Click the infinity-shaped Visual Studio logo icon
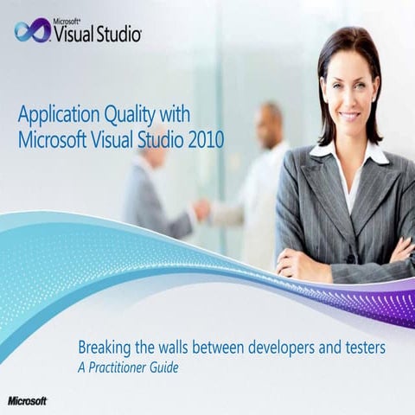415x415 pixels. tap(32, 31)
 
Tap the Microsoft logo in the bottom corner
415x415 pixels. tap(27, 400)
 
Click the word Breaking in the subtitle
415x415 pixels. tap(105, 348)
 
